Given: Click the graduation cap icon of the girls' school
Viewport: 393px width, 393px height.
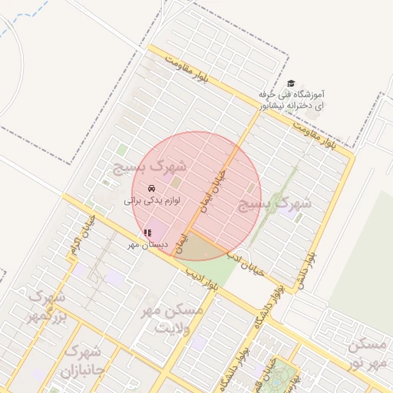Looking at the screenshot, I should click(x=290, y=84).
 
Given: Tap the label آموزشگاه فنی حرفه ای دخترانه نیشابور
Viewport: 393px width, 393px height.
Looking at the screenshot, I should click(x=302, y=97).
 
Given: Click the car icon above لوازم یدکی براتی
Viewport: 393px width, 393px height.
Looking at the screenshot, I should click(x=151, y=188).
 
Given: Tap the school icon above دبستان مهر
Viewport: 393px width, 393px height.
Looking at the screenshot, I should click(x=147, y=233).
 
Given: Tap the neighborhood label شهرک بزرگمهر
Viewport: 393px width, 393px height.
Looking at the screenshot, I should click(x=45, y=305).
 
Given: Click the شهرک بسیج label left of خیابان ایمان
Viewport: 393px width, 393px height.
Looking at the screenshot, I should click(x=151, y=166).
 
